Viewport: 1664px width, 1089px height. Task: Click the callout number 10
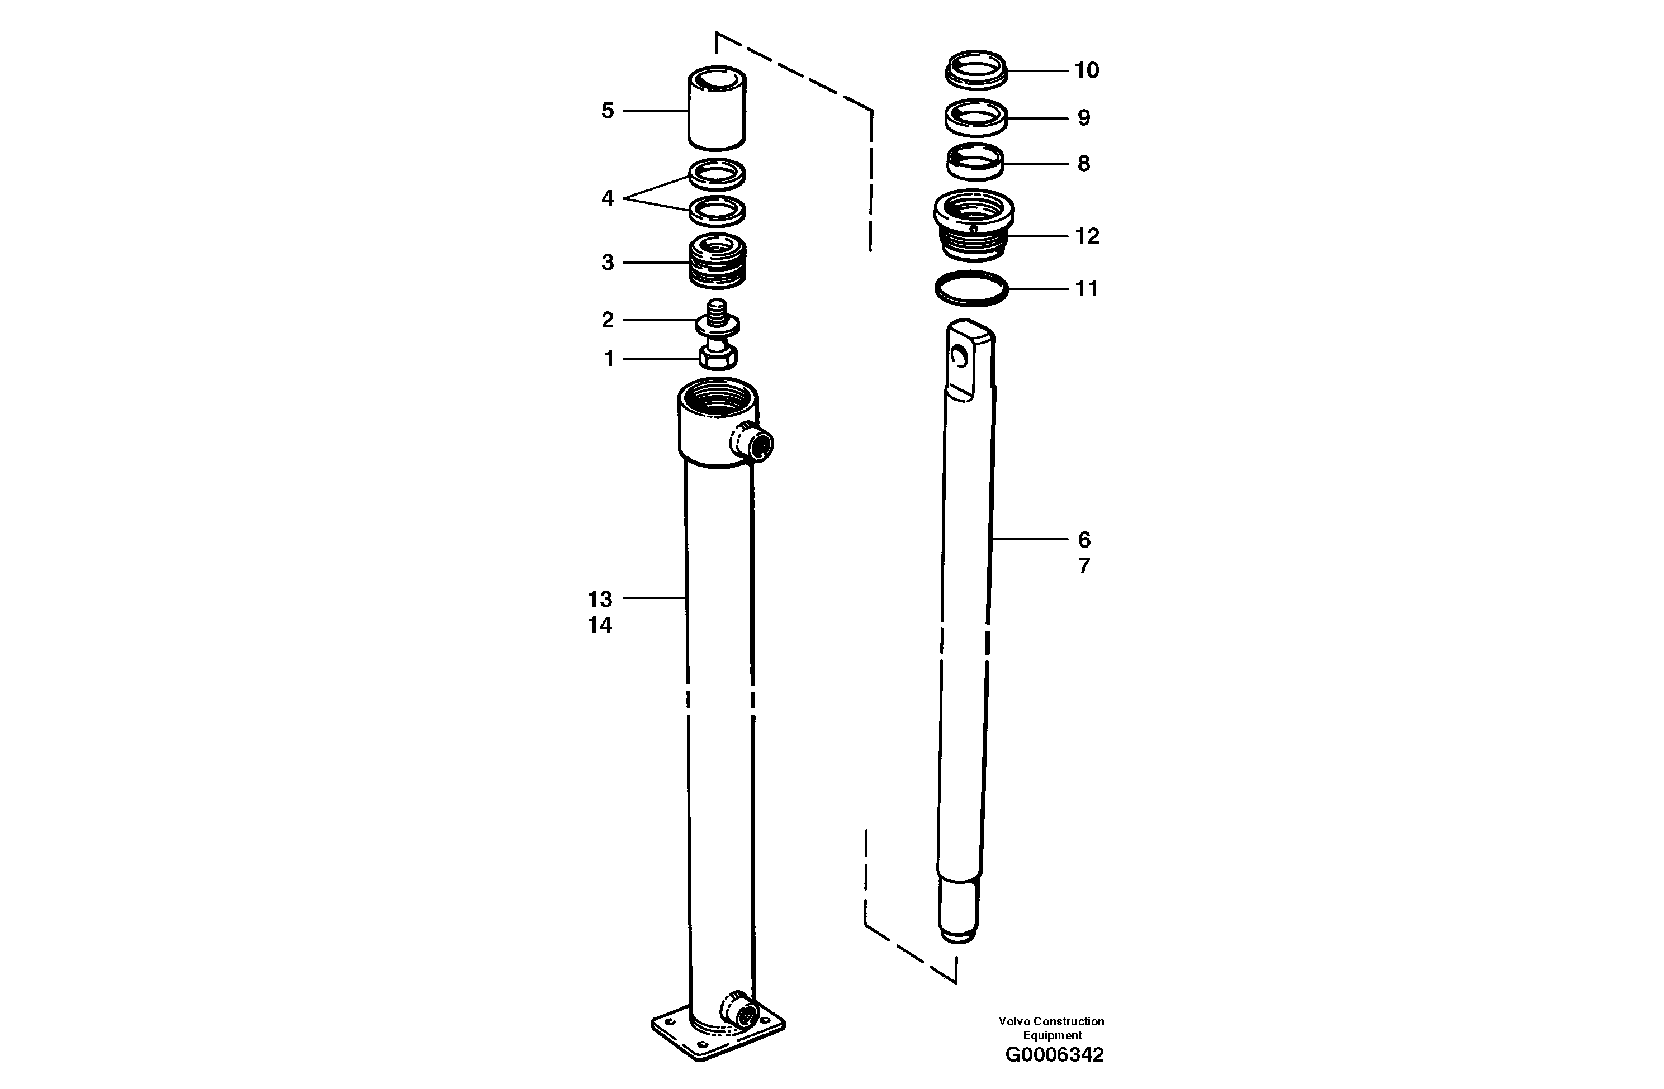pos(1086,70)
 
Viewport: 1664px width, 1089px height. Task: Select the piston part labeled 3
pos(717,262)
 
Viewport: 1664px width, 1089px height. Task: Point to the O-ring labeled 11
pos(971,288)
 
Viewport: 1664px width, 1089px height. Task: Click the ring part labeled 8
pos(975,164)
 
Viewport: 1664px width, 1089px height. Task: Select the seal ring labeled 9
pos(976,118)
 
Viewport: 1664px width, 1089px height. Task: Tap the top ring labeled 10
pos(976,70)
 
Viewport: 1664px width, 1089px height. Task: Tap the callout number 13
pos(600,599)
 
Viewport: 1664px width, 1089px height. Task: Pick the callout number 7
pos(1084,565)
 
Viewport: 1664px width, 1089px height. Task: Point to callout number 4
pos(608,198)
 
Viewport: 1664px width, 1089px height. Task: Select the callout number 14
pos(600,625)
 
